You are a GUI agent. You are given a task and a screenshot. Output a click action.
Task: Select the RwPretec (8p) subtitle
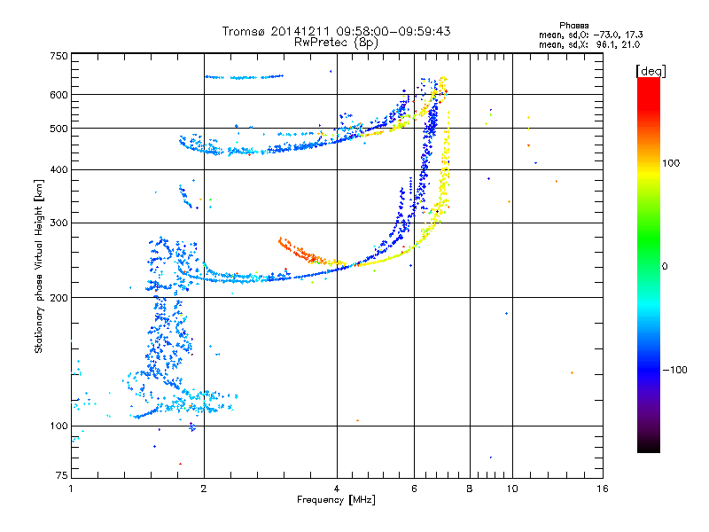[336, 43]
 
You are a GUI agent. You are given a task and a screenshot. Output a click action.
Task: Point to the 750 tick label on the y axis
[59, 56]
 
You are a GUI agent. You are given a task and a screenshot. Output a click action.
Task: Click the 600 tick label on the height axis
[59, 95]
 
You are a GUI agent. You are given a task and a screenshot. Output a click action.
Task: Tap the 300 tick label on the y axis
[59, 223]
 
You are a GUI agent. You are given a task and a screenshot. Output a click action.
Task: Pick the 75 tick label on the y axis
[62, 475]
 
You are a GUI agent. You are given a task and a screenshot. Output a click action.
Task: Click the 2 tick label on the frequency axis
[204, 489]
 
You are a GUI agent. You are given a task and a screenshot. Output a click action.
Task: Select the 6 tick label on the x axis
[414, 489]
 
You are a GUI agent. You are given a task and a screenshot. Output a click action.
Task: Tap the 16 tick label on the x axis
[603, 489]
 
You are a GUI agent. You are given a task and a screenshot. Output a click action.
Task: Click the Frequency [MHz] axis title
[336, 500]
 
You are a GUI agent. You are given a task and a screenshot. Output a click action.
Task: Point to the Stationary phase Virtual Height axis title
[39, 267]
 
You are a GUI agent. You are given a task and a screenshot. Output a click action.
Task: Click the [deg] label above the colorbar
[651, 71]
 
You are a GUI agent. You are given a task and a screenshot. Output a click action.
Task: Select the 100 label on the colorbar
[671, 163]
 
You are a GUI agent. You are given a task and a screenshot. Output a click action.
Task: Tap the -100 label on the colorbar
[675, 370]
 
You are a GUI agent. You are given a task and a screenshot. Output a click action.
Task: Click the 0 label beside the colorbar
[665, 267]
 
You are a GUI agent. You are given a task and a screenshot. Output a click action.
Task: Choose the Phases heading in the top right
[573, 26]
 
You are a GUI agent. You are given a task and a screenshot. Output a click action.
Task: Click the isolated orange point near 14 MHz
[572, 372]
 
